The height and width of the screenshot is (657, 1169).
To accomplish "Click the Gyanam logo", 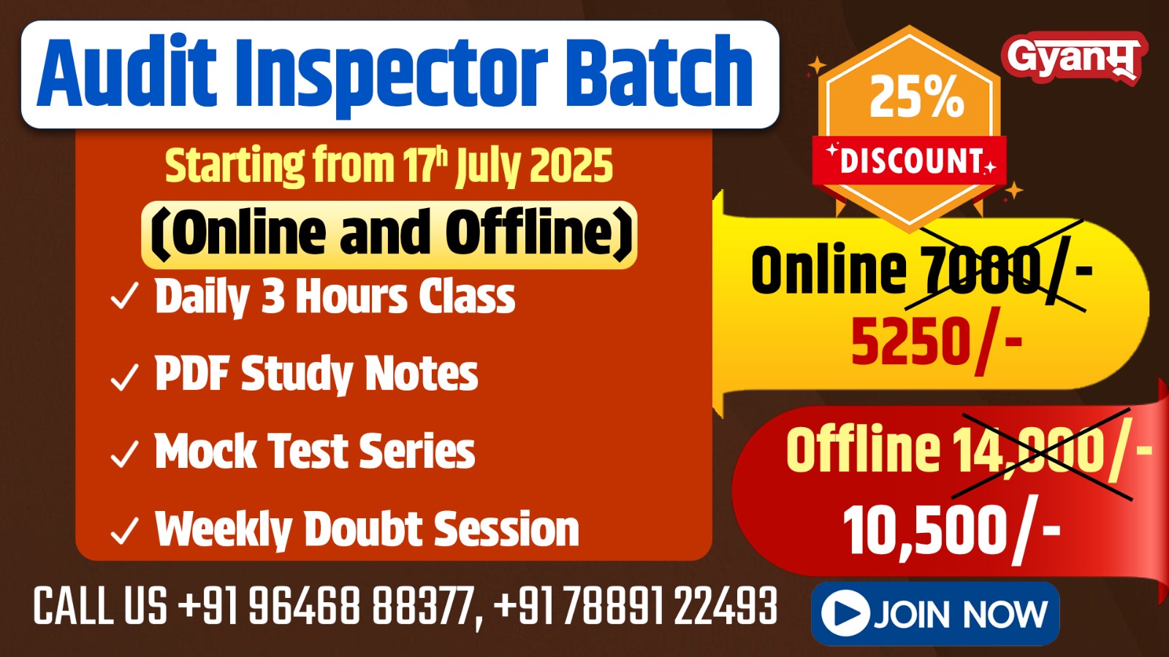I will coord(1073,57).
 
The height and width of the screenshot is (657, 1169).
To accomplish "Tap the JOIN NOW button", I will coord(934,613).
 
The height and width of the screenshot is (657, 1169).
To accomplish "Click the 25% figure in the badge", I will coord(916,96).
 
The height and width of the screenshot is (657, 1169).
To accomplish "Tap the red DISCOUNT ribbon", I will coord(910,161).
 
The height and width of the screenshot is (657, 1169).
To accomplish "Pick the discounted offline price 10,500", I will coord(925,531).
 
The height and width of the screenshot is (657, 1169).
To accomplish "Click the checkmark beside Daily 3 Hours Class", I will coord(124,297).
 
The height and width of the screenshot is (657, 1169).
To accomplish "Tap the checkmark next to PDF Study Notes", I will coord(124,377).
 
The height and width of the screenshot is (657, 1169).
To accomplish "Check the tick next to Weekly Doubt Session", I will coord(124,531).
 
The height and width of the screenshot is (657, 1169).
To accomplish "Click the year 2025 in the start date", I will coord(571,166).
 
